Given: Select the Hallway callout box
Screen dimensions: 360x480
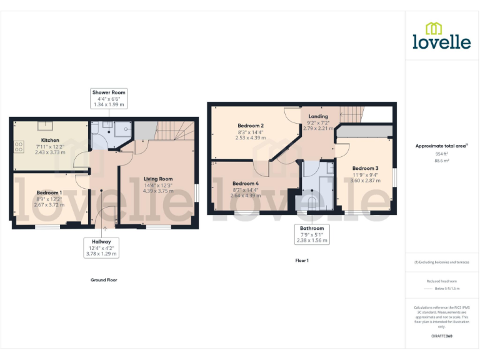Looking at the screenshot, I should click(101, 247).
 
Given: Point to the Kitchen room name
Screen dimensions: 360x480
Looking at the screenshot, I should click(50, 140).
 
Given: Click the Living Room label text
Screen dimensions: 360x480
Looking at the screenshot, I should click(157, 179).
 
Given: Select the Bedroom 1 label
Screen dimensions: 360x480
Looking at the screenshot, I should click(49, 192).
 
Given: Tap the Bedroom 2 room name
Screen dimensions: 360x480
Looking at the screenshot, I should click(250, 126).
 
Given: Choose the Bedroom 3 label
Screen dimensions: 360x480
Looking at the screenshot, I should click(365, 168).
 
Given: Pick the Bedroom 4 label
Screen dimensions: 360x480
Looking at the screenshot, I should click(243, 183).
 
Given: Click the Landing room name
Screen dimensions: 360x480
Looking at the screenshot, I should click(318, 116).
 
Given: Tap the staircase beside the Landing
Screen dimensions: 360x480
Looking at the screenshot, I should click(351, 114).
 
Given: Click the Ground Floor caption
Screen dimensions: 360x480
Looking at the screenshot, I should click(104, 280).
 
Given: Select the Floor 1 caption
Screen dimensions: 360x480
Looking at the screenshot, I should click(302, 260).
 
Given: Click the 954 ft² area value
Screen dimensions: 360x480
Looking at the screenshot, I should click(442, 153).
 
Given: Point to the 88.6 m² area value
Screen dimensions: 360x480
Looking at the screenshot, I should click(442, 161).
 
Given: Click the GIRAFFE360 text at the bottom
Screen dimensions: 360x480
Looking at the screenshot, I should click(441, 336).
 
